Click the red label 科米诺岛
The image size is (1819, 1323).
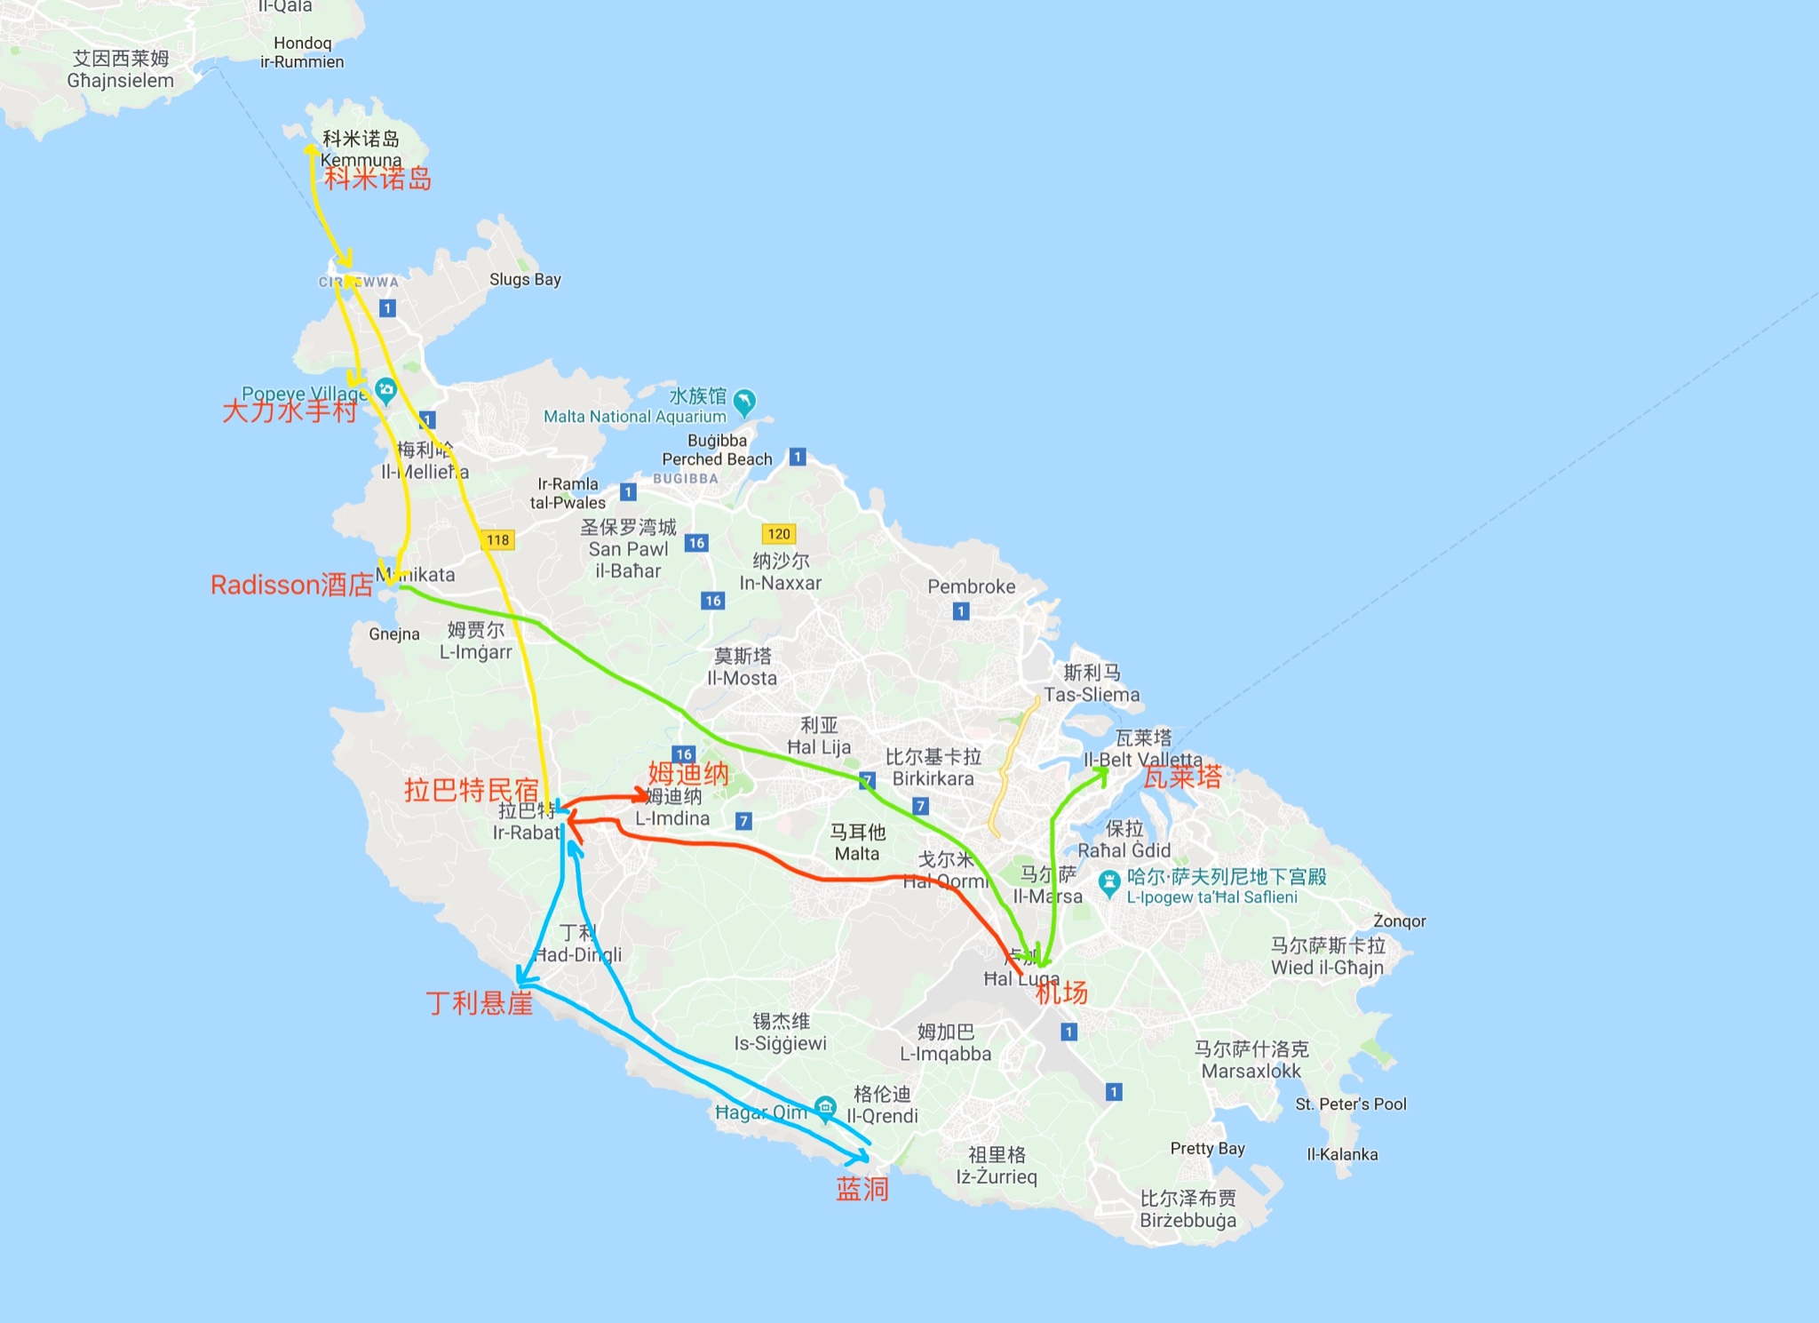point(377,179)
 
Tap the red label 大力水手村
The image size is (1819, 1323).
point(290,410)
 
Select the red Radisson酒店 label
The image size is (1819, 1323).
point(291,585)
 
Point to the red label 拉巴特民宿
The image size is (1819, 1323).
point(471,789)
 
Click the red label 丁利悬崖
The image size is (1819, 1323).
point(480,1003)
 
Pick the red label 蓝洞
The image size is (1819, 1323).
point(862,1189)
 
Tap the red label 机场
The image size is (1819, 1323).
point(1061,992)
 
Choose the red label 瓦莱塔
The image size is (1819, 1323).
point(1182,777)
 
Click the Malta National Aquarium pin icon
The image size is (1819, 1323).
point(744,402)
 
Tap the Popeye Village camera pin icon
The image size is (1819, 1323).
point(385,389)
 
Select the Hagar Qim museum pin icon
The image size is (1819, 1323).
point(826,1107)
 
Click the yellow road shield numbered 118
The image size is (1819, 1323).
point(498,539)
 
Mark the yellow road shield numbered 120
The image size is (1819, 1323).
point(779,533)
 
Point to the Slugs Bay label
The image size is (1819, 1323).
point(525,279)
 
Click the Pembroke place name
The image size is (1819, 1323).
point(971,586)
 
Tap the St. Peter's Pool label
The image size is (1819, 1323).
point(1350,1104)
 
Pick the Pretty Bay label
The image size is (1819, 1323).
point(1207,1148)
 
